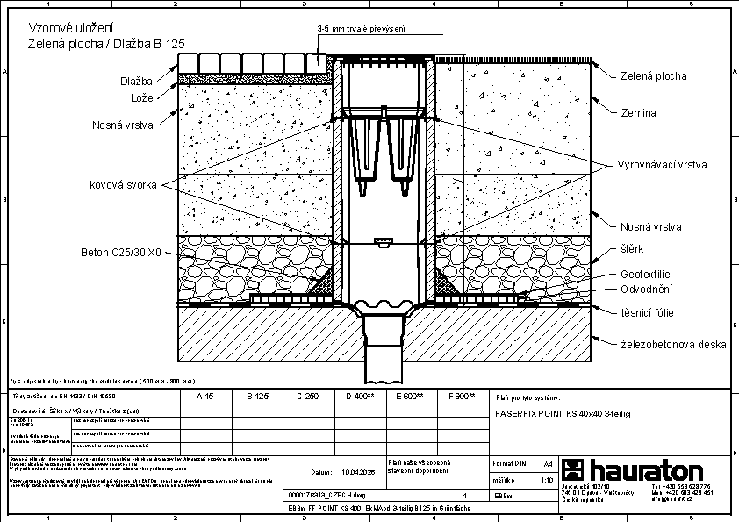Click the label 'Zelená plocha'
point(653,76)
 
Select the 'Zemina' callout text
point(638,113)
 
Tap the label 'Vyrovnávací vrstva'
point(662,165)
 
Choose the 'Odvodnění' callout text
point(646,289)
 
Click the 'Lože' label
point(142,98)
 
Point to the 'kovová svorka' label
point(122,185)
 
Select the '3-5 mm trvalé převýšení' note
point(361,29)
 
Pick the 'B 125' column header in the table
point(257,397)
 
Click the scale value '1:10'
point(546,481)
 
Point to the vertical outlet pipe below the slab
point(383,355)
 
